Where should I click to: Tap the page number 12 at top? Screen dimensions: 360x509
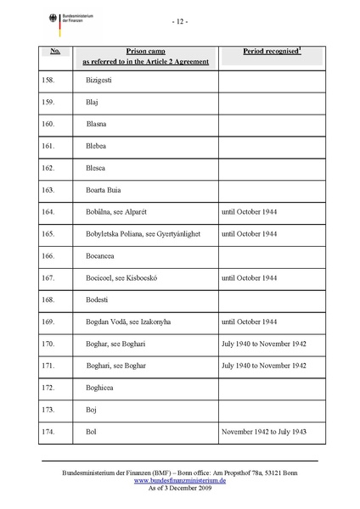tap(180, 21)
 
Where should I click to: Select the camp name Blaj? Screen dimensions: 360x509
tap(93, 101)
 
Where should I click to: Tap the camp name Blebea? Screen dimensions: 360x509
tap(97, 145)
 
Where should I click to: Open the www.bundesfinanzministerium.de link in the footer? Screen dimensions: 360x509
tap(180, 479)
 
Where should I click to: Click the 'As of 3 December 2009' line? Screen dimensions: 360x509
tap(180, 488)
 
